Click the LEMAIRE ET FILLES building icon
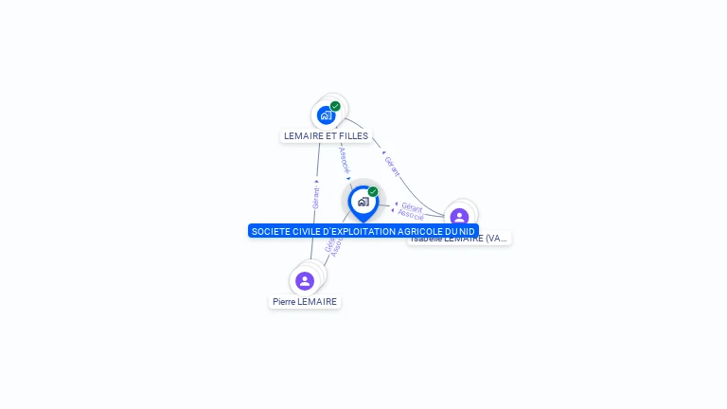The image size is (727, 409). pyautogui.click(x=327, y=116)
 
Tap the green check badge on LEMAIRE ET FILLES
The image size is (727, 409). pyautogui.click(x=335, y=106)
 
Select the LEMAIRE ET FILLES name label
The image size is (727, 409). pyautogui.click(x=326, y=136)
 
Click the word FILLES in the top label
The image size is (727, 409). pyautogui.click(x=353, y=136)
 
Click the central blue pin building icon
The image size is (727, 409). pyautogui.click(x=363, y=202)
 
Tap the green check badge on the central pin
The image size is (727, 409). pyautogui.click(x=373, y=192)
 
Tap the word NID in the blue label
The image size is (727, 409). pyautogui.click(x=467, y=231)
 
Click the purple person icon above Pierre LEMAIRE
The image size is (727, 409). pyautogui.click(x=305, y=281)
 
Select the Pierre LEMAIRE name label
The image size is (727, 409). pyautogui.click(x=305, y=302)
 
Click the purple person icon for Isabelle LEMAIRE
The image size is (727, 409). pyautogui.click(x=459, y=217)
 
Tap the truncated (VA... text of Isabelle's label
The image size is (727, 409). pyautogui.click(x=495, y=239)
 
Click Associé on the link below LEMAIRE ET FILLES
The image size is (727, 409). pyautogui.click(x=345, y=159)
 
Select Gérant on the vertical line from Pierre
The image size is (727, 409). pyautogui.click(x=316, y=198)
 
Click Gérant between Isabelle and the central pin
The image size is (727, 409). pyautogui.click(x=412, y=206)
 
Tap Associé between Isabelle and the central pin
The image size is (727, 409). pyautogui.click(x=411, y=216)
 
